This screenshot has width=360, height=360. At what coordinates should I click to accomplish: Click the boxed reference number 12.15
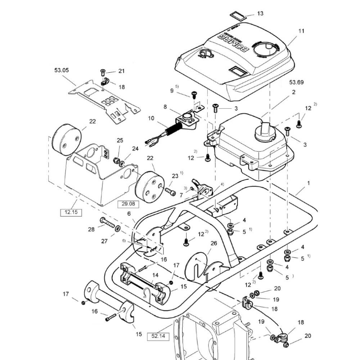pyautogui.click(x=71, y=212)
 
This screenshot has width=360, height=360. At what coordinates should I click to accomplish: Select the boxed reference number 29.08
pyautogui.click(x=128, y=204)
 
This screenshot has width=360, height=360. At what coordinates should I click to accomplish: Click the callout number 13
pyautogui.click(x=260, y=13)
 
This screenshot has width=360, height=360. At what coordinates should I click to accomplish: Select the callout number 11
pyautogui.click(x=301, y=31)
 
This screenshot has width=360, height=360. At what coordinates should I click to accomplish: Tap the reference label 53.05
pyautogui.click(x=62, y=71)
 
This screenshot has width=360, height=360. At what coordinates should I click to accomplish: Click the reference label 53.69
pyautogui.click(x=296, y=82)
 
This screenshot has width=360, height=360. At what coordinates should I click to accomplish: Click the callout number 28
pyautogui.click(x=91, y=229)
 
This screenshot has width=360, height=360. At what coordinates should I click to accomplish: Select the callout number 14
pyautogui.click(x=155, y=275)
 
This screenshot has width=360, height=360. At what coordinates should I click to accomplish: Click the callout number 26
pyautogui.click(x=214, y=243)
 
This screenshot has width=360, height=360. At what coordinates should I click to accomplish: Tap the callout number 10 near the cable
pyautogui.click(x=151, y=118)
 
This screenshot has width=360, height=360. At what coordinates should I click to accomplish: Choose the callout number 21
pyautogui.click(x=121, y=71)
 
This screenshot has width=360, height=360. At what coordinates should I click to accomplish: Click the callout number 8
pyautogui.click(x=165, y=107)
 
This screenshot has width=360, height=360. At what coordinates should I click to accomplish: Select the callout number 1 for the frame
pyautogui.click(x=308, y=183)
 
